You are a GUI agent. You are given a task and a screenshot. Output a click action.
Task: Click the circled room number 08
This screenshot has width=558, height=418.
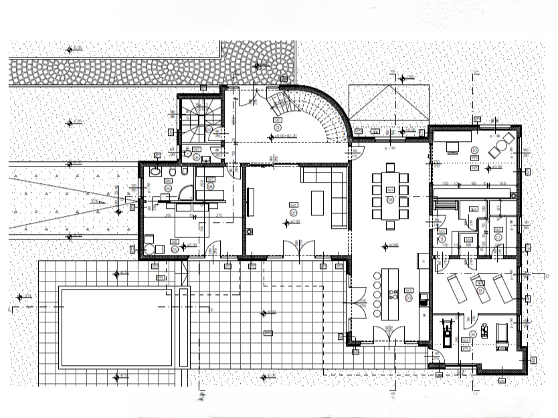(x=389, y=199)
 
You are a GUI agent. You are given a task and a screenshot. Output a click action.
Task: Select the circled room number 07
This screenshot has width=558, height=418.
(x=293, y=212)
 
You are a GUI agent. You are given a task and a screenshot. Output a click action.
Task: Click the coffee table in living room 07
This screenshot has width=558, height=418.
(x=318, y=201)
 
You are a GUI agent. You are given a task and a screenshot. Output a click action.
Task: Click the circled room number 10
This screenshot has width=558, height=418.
(x=474, y=150)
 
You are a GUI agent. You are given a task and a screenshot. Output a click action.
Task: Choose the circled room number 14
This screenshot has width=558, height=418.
(x=473, y=334)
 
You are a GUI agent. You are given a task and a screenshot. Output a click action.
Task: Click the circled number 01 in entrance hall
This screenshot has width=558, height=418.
(x=276, y=125)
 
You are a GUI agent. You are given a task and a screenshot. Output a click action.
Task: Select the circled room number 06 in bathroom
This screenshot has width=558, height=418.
(x=175, y=249)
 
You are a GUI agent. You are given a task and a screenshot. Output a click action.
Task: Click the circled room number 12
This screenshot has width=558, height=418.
(x=498, y=236)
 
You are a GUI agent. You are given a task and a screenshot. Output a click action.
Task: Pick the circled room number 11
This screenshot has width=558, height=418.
(x=442, y=237)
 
